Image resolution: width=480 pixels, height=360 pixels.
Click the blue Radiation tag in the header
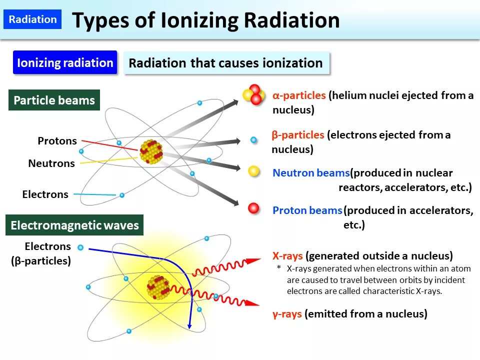coord(33,19)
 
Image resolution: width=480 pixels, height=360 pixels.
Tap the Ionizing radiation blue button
coord(65,63)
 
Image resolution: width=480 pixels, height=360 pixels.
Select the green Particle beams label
coord(54,100)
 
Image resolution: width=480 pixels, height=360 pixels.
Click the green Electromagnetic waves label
coord(74,225)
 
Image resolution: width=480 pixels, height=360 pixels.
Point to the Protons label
coord(57,141)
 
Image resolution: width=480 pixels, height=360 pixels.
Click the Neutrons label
coord(51,163)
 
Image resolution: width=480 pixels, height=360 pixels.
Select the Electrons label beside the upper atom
coord(45,194)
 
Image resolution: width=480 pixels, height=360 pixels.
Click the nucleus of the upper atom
coord(151,151)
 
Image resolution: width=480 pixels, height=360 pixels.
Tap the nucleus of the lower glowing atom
coord(158,287)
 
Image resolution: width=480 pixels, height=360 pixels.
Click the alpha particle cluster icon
coord(254,94)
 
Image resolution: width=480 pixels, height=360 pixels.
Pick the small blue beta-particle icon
coord(253,140)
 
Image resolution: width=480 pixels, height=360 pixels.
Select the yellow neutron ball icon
coord(254,172)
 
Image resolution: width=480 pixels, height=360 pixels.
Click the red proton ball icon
coord(254,208)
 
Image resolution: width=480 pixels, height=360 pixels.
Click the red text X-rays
coord(287,256)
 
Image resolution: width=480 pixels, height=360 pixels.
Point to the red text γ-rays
coord(287,314)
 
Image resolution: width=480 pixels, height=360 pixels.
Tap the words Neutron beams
coord(310,173)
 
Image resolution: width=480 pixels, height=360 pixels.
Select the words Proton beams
coord(307,210)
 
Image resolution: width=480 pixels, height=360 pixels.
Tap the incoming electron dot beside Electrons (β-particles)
coord(80,247)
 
